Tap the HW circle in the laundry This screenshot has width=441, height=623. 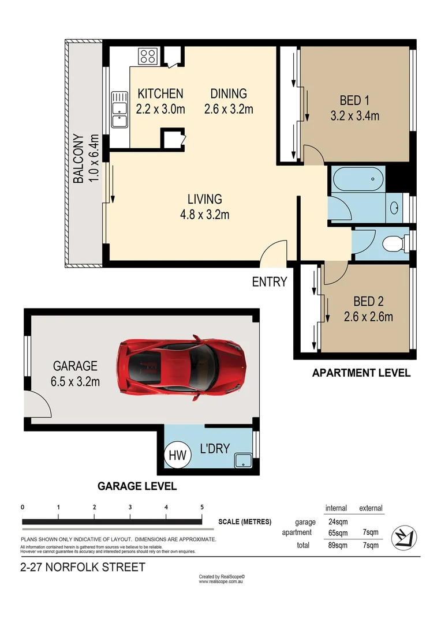tap(177, 456)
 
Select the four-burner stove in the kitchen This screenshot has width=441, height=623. tap(148, 57)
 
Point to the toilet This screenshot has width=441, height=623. tap(394, 242)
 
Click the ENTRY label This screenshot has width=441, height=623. tap(270, 282)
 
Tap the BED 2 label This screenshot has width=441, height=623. tap(368, 301)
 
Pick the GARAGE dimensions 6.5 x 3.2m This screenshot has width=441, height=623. tap(76, 381)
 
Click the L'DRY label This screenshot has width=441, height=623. tap(215, 449)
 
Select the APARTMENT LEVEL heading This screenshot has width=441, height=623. tap(361, 373)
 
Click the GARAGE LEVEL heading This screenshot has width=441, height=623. tap(137, 486)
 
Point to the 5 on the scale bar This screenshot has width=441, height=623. tap(202, 508)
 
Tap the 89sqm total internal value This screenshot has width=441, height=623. tap(337, 545)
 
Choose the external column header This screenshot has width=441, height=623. tap(371, 508)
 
